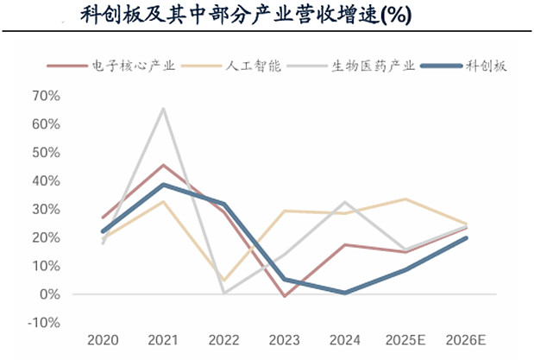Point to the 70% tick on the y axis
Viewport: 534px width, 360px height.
45,96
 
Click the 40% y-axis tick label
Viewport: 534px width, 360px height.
45,180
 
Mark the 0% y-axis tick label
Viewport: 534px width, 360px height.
48,294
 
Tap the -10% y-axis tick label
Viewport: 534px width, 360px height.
42,323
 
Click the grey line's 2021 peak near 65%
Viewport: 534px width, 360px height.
163,109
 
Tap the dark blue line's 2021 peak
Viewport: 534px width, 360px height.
163,185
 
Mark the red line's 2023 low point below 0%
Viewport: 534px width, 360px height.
284,296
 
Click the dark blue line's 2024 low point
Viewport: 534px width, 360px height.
344,293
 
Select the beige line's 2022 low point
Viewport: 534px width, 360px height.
223,281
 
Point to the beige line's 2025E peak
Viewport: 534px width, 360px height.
405,199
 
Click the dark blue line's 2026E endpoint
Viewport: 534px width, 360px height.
466,238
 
